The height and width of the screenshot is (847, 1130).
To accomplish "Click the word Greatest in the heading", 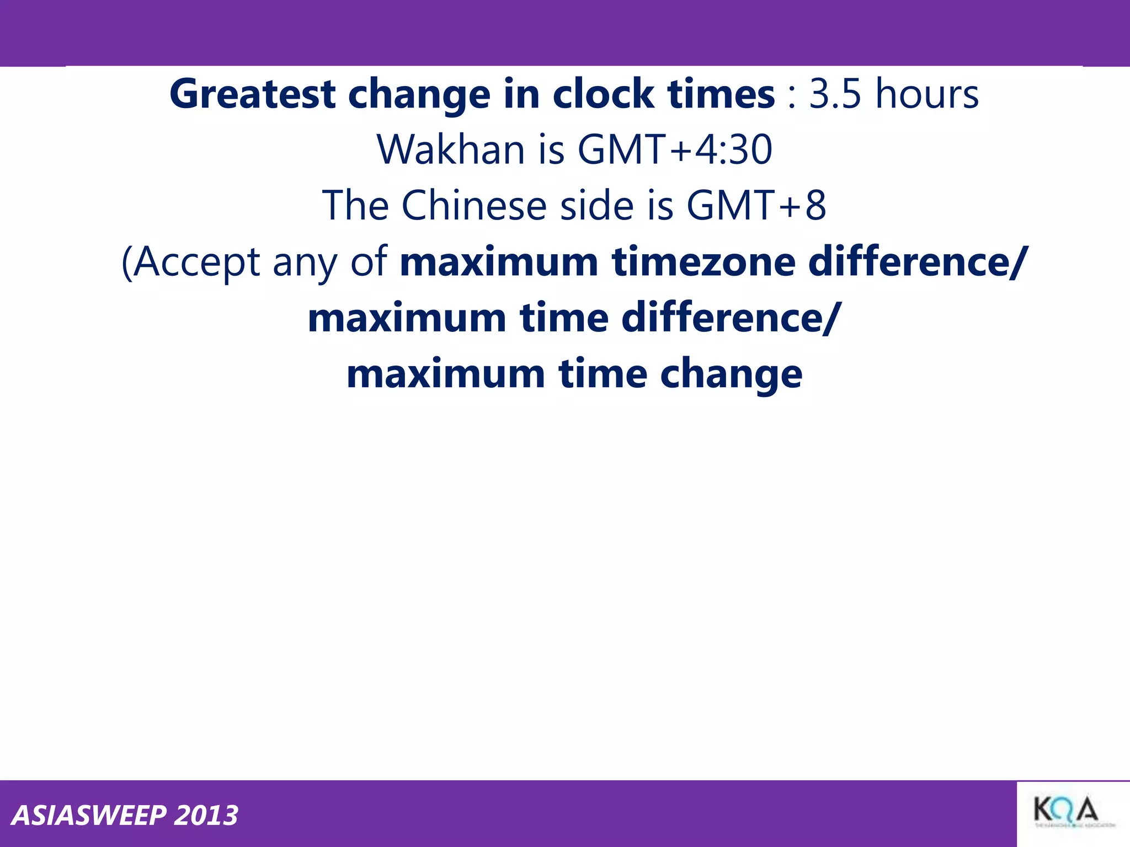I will (253, 94).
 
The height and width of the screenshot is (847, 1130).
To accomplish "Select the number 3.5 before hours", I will (835, 94).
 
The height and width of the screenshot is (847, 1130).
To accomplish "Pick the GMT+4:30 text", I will (674, 150).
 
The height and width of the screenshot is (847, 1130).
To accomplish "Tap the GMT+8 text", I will (756, 206).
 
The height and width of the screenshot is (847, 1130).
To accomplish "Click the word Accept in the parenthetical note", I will (196, 262).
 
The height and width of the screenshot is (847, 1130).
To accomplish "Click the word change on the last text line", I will (731, 374).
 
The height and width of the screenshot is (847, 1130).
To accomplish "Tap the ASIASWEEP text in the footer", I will (89, 816).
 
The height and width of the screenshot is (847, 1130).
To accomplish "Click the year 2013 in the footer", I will (206, 816).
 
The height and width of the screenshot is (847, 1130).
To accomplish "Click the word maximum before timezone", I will (499, 262).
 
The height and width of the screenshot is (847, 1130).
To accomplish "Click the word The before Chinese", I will (355, 206).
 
